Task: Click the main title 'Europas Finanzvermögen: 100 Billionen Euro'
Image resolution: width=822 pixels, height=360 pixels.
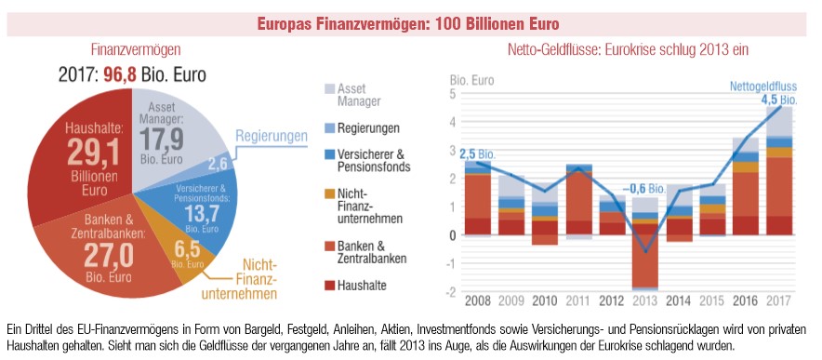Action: coord(411,19)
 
